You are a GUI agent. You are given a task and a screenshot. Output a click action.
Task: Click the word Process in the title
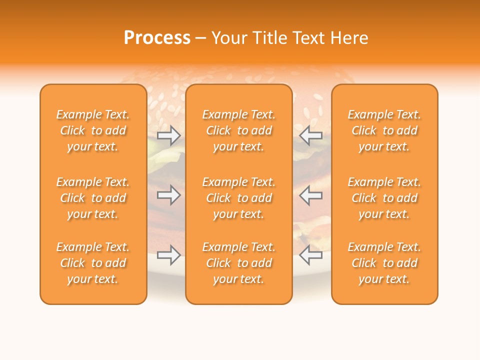pyautogui.click(x=157, y=38)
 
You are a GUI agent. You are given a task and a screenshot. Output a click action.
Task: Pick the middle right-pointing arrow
pyautogui.click(x=168, y=195)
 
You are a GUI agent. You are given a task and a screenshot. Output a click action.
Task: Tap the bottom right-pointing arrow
pyautogui.click(x=168, y=255)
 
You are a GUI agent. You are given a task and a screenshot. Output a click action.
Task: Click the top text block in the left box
pyautogui.click(x=93, y=130)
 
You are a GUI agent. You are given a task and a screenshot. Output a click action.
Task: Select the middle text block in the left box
pyautogui.click(x=93, y=198)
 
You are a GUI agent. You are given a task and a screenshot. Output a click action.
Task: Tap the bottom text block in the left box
pyautogui.click(x=93, y=263)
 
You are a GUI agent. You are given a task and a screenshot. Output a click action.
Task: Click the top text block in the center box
pyautogui.click(x=238, y=130)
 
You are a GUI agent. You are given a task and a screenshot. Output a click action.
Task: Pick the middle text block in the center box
pyautogui.click(x=238, y=198)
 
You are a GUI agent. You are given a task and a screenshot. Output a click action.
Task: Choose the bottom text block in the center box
pyautogui.click(x=238, y=263)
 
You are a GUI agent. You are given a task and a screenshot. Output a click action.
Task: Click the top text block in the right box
pyautogui.click(x=384, y=130)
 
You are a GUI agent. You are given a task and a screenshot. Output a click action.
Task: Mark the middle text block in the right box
pyautogui.click(x=384, y=198)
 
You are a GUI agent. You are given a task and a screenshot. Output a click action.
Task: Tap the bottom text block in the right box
pyautogui.click(x=384, y=263)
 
